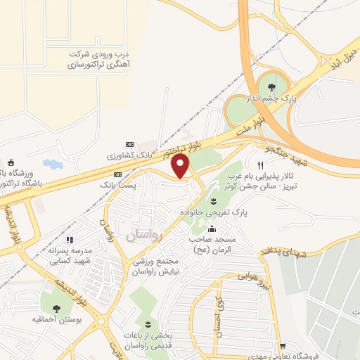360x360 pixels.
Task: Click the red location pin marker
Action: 181,167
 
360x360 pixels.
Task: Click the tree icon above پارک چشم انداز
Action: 272,87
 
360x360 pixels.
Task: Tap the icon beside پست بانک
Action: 117,174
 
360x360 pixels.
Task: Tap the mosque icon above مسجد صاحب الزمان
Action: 212,229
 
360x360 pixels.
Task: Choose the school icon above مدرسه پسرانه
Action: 69,240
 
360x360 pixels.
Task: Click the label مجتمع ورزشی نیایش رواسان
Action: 162,266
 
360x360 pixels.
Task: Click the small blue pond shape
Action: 52,165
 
